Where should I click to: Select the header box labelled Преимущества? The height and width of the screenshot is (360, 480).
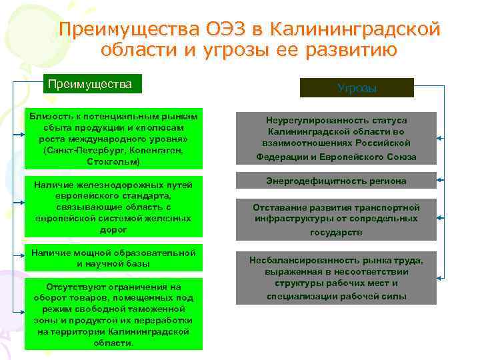point(92,84)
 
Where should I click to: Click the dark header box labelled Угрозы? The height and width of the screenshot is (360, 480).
point(357,88)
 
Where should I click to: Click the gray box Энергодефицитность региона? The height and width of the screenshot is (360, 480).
point(337,181)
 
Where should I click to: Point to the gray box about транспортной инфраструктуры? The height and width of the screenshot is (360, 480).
point(337,219)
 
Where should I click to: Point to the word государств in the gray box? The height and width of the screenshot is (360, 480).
point(336,233)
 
